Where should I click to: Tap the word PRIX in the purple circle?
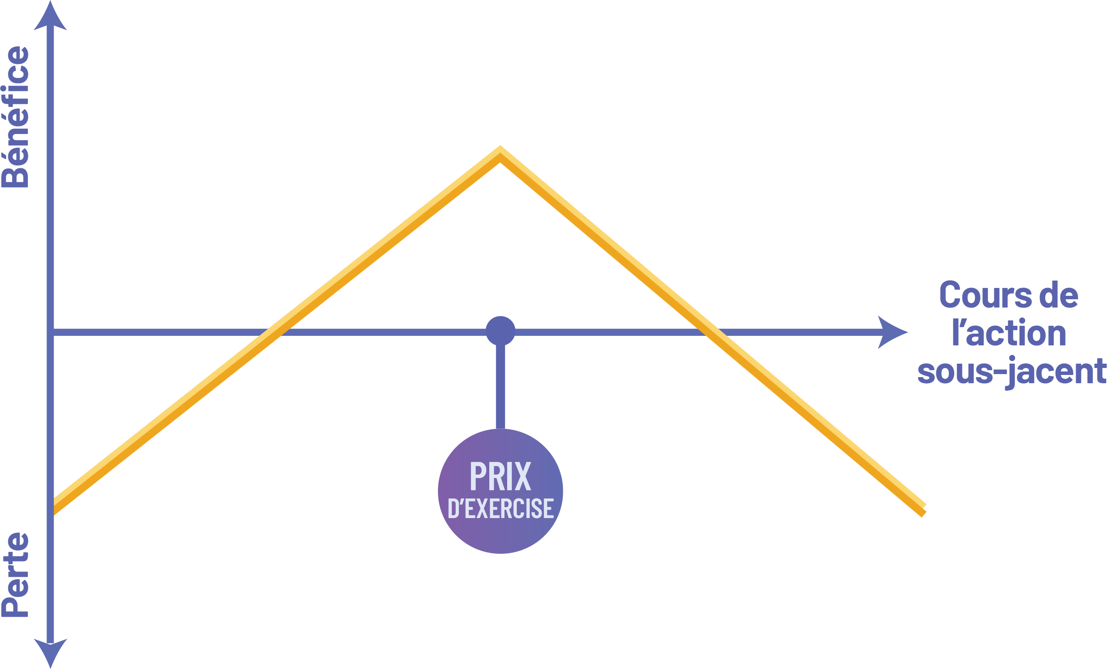[x=500, y=477]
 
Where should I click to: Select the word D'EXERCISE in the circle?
[x=501, y=508]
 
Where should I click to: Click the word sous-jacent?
[x=1011, y=372]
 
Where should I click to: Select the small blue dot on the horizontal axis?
[x=501, y=331]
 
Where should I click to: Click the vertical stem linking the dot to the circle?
[x=501, y=386]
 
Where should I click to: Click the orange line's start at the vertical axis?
[x=55, y=505]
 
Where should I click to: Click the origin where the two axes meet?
[x=50, y=332]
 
